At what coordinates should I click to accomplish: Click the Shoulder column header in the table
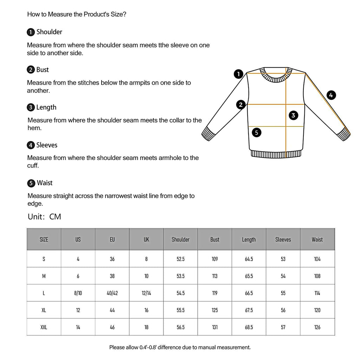180,239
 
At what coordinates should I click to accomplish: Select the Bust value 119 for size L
214,293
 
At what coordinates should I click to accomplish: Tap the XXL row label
44,327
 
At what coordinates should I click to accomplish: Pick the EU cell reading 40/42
112,293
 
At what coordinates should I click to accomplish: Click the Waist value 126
317,327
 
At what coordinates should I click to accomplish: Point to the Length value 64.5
249,259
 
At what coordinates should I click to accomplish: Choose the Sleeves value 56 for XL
283,310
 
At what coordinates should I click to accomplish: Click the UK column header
146,239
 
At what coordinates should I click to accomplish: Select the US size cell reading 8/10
78,293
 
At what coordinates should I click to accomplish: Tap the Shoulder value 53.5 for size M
180,276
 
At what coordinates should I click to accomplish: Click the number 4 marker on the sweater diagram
331,95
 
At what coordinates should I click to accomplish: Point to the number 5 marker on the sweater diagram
257,133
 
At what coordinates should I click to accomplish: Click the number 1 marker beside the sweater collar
239,74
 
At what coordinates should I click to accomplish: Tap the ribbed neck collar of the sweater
276,75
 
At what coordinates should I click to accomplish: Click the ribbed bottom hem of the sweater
276,154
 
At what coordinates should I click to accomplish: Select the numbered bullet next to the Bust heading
31,70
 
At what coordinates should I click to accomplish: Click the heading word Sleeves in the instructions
47,145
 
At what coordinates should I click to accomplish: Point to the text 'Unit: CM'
44,217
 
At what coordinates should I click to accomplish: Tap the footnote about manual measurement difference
180,347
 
